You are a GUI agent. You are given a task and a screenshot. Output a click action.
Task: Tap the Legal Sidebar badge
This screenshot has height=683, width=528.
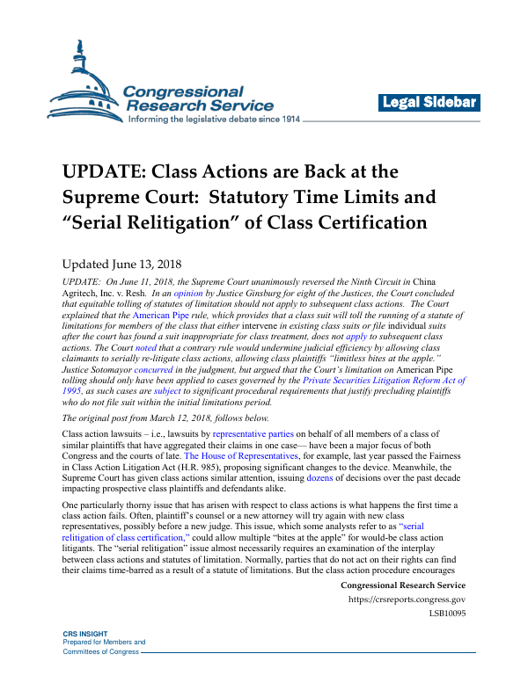[x=429, y=103]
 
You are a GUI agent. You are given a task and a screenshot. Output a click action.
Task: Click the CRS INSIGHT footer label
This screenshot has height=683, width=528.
[x=84, y=658]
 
